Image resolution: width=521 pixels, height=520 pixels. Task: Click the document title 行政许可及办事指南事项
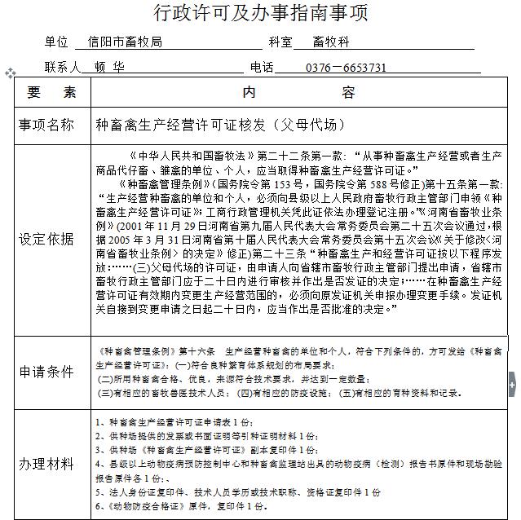pos(260,13)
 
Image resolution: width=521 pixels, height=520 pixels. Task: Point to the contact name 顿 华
pos(109,68)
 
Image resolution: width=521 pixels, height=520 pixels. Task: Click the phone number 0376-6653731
pos(347,68)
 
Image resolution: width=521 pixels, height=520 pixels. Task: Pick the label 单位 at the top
pos(57,42)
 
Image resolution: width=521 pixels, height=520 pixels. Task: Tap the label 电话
pos(262,68)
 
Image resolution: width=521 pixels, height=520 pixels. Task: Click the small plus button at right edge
pos(513,382)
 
